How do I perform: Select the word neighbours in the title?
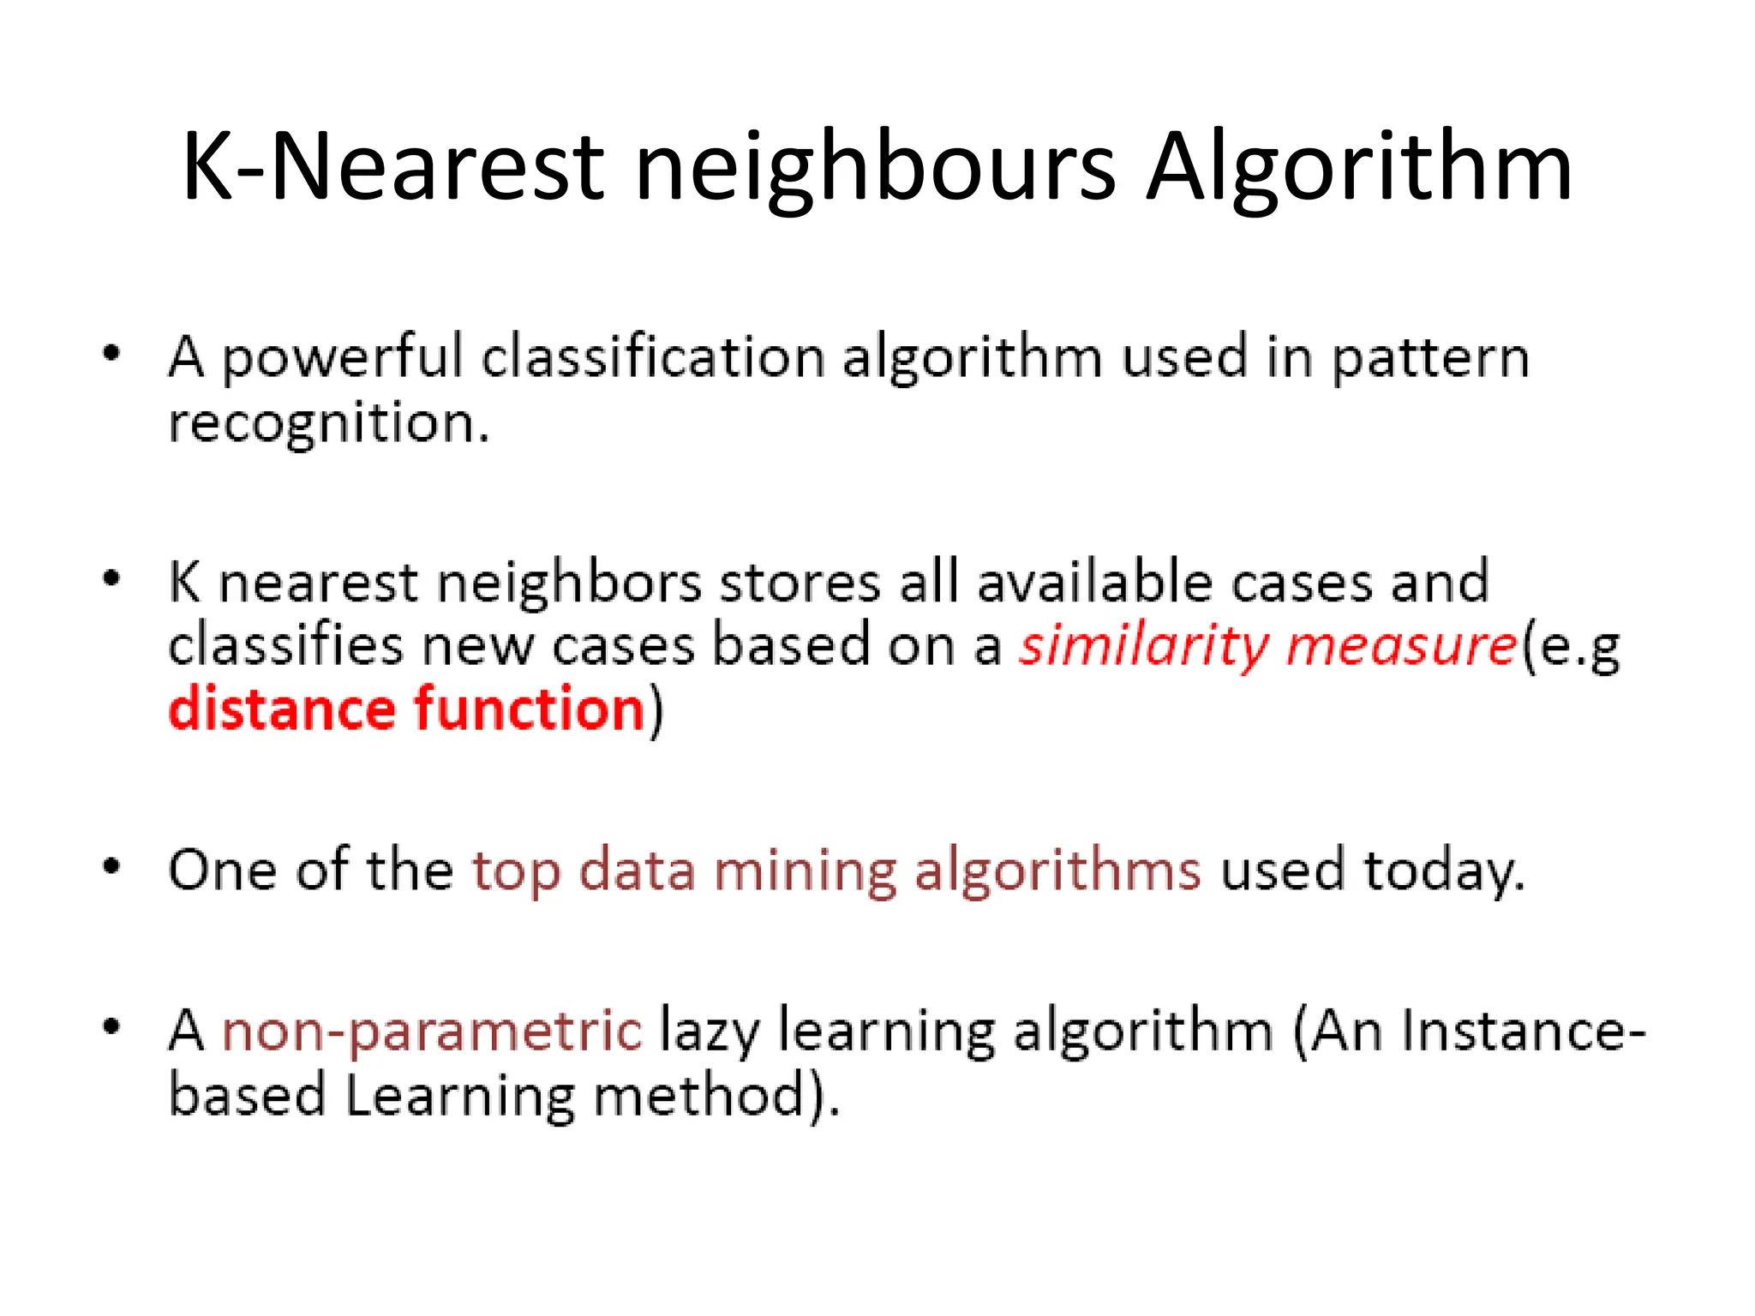click(874, 170)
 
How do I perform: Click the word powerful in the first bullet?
click(342, 358)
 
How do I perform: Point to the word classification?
click(652, 356)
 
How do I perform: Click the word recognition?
click(328, 424)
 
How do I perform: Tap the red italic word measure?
click(1402, 648)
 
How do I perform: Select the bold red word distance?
click(282, 710)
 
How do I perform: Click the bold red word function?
click(529, 710)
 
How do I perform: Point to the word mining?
click(805, 872)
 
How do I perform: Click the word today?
click(1444, 872)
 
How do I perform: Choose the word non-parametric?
click(432, 1032)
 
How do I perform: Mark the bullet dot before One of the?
click(111, 867)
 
